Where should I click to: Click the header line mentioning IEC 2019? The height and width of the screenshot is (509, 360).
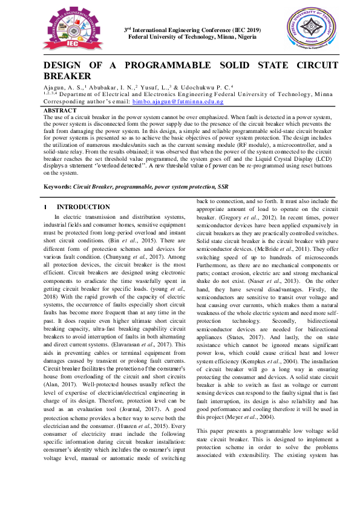pyautogui.click(x=192, y=30)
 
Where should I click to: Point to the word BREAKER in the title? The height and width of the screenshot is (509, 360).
pyautogui.click(x=68, y=76)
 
